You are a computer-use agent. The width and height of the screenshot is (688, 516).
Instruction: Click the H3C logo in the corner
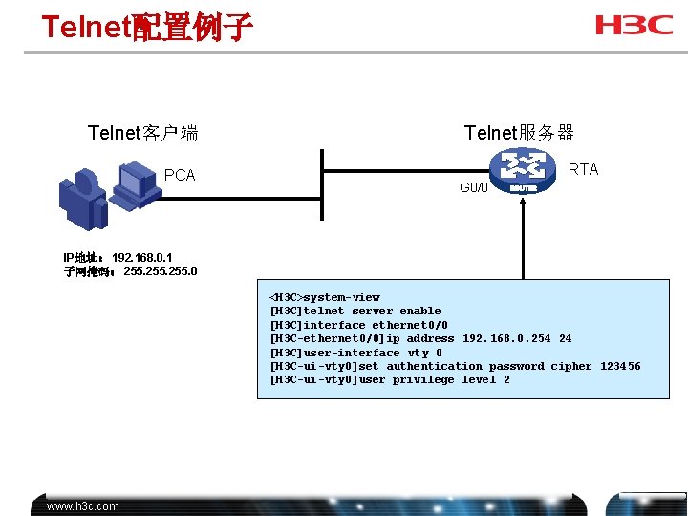click(634, 26)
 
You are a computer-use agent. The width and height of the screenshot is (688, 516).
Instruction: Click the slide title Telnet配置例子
click(146, 27)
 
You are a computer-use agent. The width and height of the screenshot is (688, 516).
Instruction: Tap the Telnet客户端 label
click(142, 133)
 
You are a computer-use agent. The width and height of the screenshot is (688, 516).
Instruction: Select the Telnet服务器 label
click(519, 133)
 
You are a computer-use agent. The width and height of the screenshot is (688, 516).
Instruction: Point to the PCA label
click(180, 175)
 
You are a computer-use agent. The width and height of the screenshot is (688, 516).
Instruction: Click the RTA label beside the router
click(583, 169)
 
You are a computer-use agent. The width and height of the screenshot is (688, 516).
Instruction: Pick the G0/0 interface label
click(473, 187)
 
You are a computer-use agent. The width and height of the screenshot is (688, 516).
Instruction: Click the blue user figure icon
click(82, 195)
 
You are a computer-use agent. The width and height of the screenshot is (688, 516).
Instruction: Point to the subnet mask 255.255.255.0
click(161, 271)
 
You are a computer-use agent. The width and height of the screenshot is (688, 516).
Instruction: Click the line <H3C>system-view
click(325, 297)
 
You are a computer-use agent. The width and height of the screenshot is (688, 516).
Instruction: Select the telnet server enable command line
click(355, 311)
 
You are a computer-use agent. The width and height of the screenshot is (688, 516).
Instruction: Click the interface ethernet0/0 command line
click(359, 325)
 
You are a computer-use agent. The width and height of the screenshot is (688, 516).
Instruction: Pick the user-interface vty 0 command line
click(356, 353)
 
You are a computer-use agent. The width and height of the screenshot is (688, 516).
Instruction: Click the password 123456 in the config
click(620, 366)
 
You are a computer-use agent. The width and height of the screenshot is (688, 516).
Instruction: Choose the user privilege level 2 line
click(390, 379)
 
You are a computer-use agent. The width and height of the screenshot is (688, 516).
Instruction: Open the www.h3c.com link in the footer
click(83, 506)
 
